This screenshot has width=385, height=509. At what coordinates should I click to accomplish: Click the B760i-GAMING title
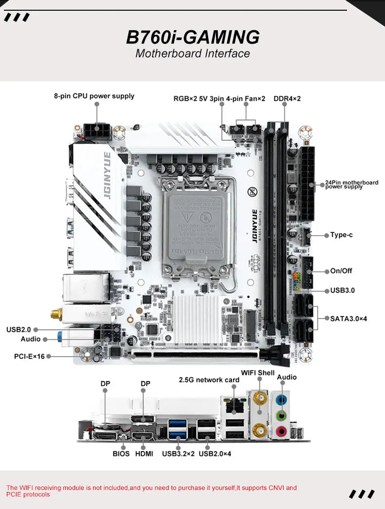pyautogui.click(x=192, y=37)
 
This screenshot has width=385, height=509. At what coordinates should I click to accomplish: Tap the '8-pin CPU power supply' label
pyautogui.click(x=94, y=96)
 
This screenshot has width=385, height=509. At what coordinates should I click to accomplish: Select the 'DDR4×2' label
pyautogui.click(x=287, y=98)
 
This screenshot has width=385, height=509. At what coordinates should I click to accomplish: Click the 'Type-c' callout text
pyautogui.click(x=341, y=235)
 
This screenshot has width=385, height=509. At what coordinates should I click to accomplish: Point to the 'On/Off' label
pyautogui.click(x=341, y=271)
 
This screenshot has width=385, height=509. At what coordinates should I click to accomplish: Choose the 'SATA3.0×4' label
pyautogui.click(x=348, y=319)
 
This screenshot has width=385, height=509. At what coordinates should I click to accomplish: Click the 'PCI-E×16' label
pyautogui.click(x=29, y=357)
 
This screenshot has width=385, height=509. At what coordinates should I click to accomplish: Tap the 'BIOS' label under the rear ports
pyautogui.click(x=121, y=453)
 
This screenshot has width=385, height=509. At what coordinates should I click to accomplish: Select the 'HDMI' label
pyautogui.click(x=144, y=453)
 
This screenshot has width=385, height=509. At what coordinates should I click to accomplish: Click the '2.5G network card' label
pyautogui.click(x=209, y=379)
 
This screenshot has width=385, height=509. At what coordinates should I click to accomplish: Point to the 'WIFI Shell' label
pyautogui.click(x=258, y=373)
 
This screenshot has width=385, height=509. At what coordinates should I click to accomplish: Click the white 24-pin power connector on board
pyautogui.click(x=308, y=184)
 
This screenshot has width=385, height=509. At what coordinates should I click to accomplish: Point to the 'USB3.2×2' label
pyautogui.click(x=178, y=453)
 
